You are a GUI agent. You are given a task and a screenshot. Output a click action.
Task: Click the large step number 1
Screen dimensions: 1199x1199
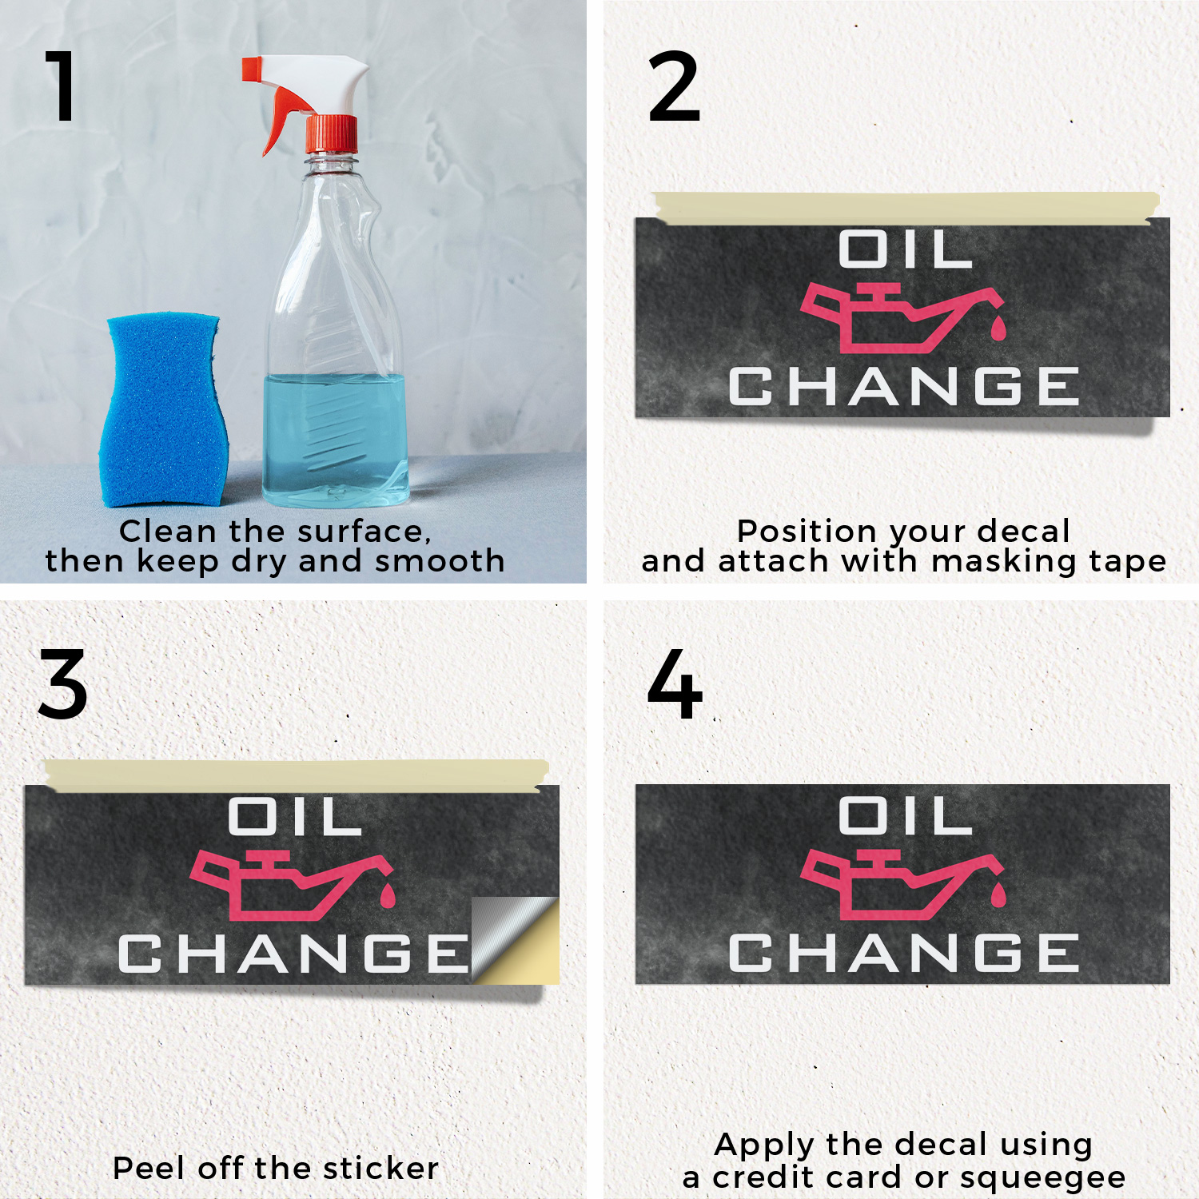point(62,86)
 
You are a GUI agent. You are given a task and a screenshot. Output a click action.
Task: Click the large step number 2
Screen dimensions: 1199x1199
point(674,86)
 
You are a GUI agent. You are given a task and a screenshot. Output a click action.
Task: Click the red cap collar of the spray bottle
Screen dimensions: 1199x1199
point(332,133)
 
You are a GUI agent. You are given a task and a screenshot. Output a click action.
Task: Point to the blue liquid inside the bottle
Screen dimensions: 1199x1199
point(336,440)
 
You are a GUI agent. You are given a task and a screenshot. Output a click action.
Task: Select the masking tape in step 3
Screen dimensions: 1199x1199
point(297,775)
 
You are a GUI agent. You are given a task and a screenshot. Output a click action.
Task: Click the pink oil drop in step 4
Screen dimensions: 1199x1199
point(998,894)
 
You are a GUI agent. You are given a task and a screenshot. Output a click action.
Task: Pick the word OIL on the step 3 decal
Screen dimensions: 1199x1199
point(295,816)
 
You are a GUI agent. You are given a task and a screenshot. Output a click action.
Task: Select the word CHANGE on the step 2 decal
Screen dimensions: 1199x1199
point(904,386)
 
